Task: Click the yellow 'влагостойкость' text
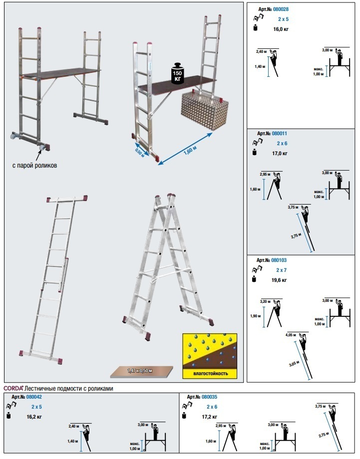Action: pos(209,373)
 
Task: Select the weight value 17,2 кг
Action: pos(210,416)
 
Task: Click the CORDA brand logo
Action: pos(14,388)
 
